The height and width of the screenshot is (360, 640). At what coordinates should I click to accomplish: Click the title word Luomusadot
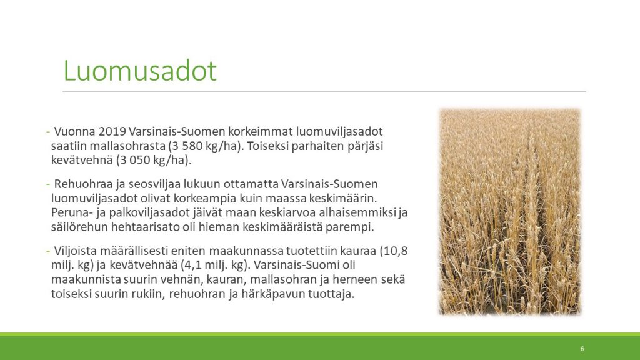(139, 71)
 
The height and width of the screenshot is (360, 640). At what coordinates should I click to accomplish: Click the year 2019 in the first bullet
(112, 131)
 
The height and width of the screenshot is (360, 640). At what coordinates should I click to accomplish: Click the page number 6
(582, 349)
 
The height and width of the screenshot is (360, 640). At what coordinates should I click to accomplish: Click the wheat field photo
(510, 211)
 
